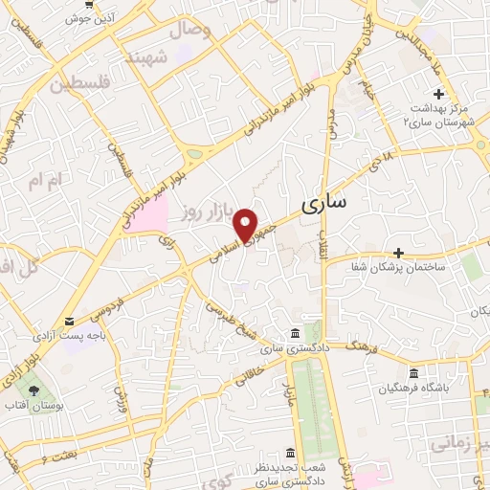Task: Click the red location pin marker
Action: [x=247, y=224]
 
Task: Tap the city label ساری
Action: [x=324, y=203]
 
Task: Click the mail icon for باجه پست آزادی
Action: [x=69, y=322]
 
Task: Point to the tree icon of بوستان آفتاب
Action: [x=35, y=390]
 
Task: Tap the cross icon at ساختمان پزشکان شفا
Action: [x=399, y=253]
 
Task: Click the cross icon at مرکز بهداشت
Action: [x=439, y=94]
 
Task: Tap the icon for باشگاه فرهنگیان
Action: [x=413, y=372]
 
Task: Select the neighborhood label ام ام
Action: [x=44, y=180]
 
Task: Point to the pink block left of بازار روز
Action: [x=145, y=213]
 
